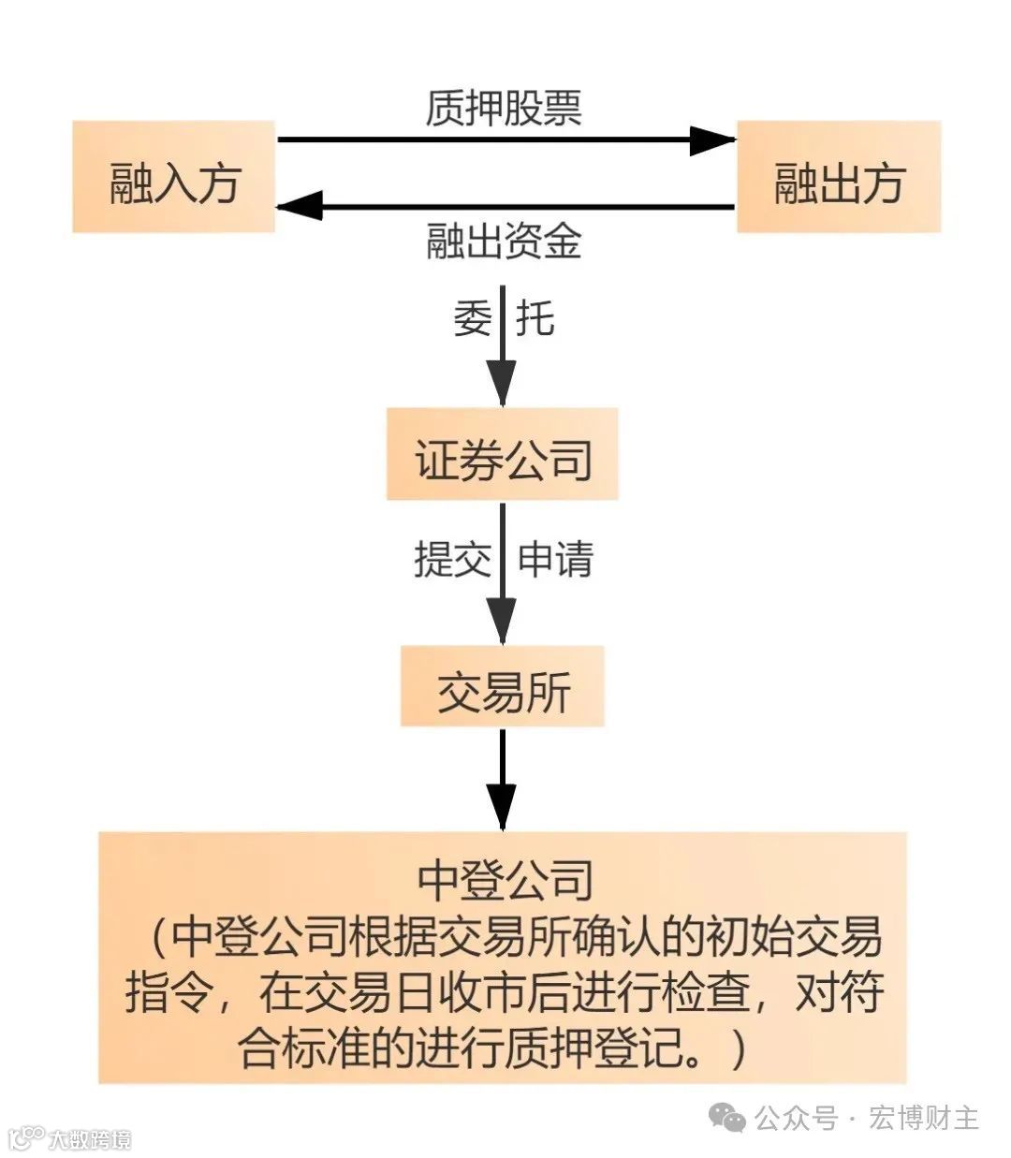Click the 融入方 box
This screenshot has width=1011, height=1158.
pyautogui.click(x=174, y=177)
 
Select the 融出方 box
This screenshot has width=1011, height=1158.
pyautogui.click(x=839, y=177)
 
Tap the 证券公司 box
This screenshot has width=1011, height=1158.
pyautogui.click(x=503, y=455)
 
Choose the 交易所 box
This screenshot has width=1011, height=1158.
pyautogui.click(x=503, y=687)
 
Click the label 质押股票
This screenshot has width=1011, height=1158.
pyautogui.click(x=504, y=107)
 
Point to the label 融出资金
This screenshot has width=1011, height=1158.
pyautogui.click(x=504, y=241)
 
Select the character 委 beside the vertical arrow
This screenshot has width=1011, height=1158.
pyautogui.click(x=473, y=318)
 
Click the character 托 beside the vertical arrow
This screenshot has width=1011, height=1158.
pyautogui.click(x=535, y=318)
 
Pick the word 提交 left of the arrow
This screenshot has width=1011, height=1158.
pyautogui.click(x=452, y=560)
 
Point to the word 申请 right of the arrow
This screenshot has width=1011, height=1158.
pyautogui.click(x=556, y=560)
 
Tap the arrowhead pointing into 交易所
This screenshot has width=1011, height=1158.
pyautogui.click(x=503, y=620)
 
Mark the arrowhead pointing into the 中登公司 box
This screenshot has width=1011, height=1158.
pyautogui.click(x=503, y=807)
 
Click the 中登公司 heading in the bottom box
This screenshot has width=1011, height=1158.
pyautogui.click(x=505, y=881)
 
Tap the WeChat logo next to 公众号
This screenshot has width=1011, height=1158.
pyautogui.click(x=727, y=1117)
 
